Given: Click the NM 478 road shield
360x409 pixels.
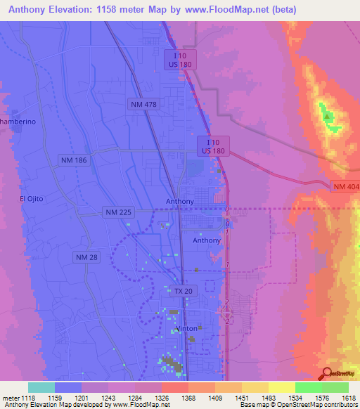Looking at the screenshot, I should click(x=143, y=104).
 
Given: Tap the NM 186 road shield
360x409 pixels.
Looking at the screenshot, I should click(x=73, y=161).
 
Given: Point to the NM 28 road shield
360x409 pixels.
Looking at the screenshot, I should click(x=86, y=258).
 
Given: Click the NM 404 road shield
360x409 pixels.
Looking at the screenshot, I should click(x=344, y=186).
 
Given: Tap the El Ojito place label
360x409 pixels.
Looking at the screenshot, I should click(x=31, y=199).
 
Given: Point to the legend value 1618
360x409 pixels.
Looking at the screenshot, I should click(x=349, y=398).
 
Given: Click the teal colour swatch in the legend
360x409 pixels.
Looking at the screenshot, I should click(x=41, y=387).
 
